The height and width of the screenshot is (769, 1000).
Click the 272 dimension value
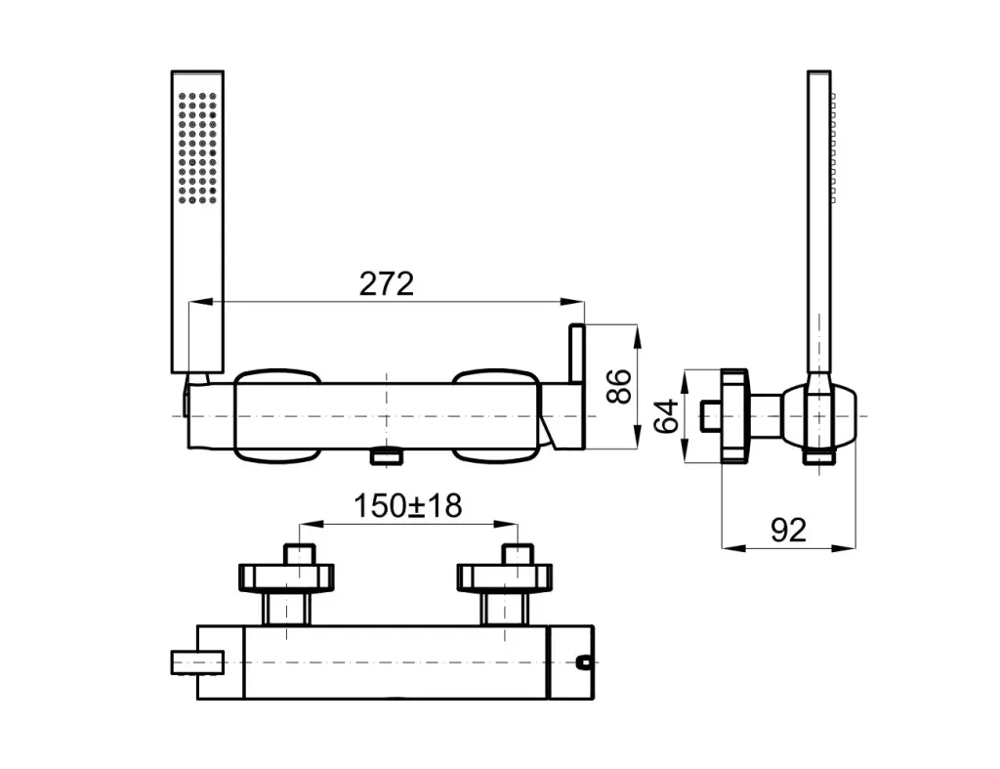[387, 284]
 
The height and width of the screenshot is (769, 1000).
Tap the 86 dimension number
[619, 386]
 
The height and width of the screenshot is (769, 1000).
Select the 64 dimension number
[667, 416]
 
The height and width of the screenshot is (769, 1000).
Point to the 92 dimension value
[788, 530]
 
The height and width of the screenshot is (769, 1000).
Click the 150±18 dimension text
[407, 506]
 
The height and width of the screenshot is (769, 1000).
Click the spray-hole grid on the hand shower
[197, 149]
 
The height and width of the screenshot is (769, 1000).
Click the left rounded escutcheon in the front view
[276, 415]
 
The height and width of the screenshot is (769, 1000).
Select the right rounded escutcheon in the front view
[496, 415]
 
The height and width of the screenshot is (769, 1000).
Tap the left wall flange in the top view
[286, 577]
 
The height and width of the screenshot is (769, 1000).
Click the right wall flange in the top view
[505, 577]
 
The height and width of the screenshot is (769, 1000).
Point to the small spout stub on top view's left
[197, 662]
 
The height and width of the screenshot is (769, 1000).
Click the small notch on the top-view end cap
[583, 662]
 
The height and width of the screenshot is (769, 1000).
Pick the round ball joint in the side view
[819, 415]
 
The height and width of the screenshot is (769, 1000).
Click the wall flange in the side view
[734, 415]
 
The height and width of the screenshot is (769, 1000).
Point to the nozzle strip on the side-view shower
[833, 149]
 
